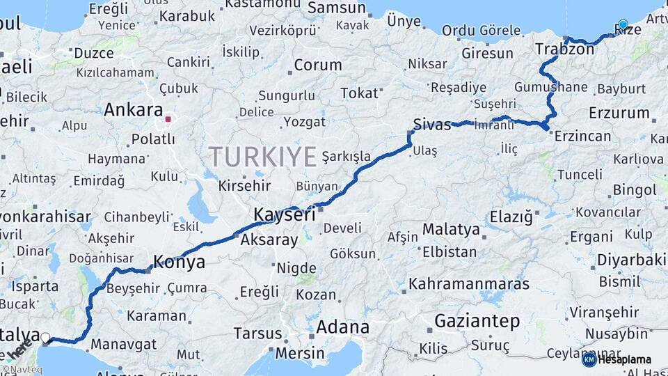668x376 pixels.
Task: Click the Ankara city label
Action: coord(133,110)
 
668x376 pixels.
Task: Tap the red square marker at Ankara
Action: coord(168,118)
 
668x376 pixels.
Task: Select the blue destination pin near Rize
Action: coord(623,24)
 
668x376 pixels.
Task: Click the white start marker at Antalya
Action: coord(46,338)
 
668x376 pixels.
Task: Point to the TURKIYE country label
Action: coord(263,157)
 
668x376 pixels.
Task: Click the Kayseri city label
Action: coord(284,215)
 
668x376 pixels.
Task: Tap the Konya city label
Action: coord(179,263)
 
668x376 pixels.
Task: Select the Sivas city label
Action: coord(432,124)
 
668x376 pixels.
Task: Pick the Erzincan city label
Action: coord(582,136)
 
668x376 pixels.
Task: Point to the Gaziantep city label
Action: coord(477,321)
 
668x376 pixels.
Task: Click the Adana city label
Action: coord(342,327)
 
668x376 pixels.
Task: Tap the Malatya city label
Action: coord(451,229)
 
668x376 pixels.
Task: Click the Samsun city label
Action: coord(337,8)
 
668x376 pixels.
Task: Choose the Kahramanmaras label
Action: coord(469,284)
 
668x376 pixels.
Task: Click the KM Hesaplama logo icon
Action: coord(589,359)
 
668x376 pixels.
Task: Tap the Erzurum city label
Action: coord(619,113)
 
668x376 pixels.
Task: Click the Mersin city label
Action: coord(300,353)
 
